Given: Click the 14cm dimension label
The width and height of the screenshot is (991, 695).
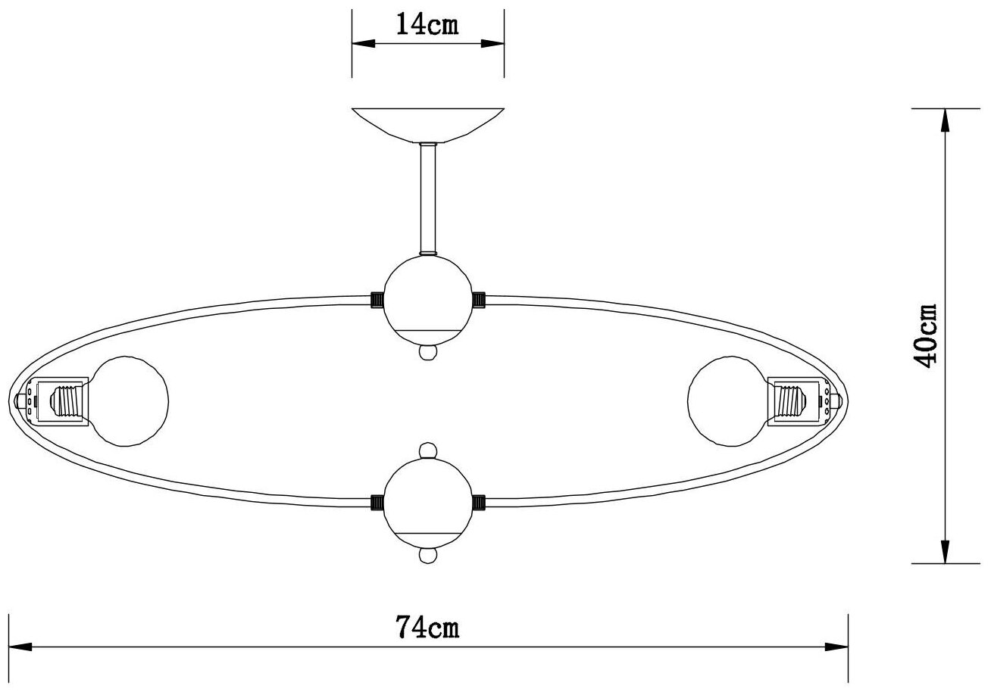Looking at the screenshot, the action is (x=427, y=25).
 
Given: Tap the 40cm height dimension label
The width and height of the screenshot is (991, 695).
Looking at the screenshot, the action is (x=925, y=335).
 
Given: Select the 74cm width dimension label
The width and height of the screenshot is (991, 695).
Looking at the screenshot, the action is (x=427, y=628).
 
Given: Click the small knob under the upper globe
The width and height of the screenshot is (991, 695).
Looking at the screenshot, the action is (x=428, y=353).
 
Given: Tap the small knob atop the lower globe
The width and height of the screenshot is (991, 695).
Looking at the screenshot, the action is (x=428, y=450).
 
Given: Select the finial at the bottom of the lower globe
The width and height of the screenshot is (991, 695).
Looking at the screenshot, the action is (x=428, y=556).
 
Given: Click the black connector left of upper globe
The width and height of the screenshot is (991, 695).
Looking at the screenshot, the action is (x=377, y=300).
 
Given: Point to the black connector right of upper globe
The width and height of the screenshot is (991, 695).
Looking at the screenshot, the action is (x=479, y=300).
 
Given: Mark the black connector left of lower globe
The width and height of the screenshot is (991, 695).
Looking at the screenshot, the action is (x=377, y=501).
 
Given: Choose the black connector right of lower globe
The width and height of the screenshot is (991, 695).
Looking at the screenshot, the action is (x=479, y=501).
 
